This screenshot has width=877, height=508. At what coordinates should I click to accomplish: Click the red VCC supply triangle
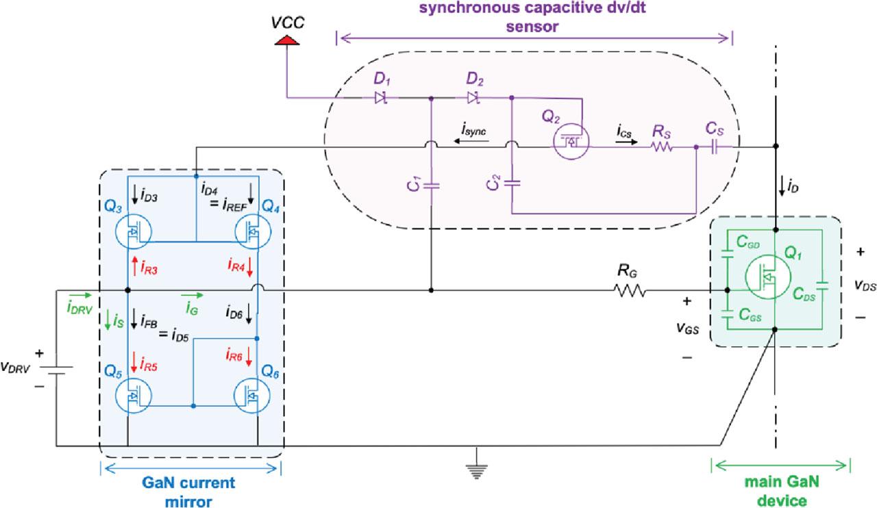click(287, 42)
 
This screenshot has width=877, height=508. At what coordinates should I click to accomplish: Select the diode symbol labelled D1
click(381, 98)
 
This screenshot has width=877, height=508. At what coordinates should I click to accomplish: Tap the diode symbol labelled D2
click(473, 98)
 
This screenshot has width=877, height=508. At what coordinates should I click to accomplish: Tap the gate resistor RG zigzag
click(631, 291)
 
